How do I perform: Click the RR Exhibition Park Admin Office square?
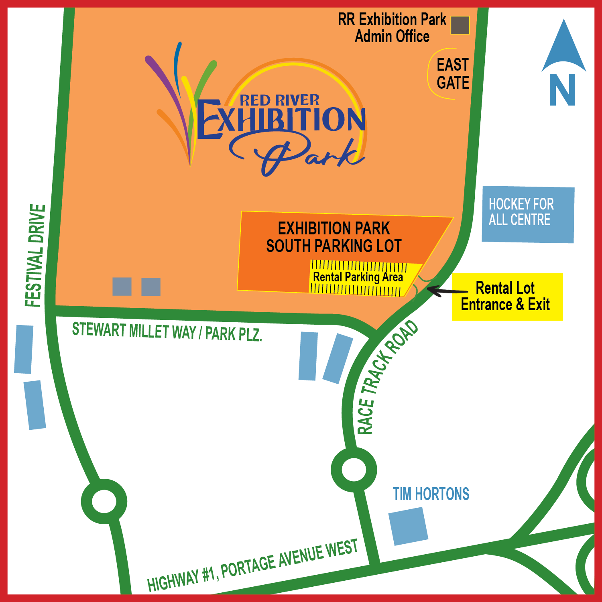click(460, 25)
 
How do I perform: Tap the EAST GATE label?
click(453, 74)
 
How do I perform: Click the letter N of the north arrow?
click(562, 90)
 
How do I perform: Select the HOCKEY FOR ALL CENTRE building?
click(528, 214)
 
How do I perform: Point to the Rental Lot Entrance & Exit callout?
click(507, 297)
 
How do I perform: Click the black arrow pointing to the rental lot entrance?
click(445, 290)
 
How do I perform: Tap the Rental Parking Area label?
click(358, 277)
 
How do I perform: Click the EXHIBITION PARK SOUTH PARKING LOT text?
click(334, 237)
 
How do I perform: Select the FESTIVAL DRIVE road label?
click(35, 256)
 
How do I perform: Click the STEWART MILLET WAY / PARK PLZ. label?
click(167, 332)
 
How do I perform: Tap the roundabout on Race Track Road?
click(354, 469)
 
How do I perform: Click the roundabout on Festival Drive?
click(104, 501)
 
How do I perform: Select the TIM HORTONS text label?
click(431, 494)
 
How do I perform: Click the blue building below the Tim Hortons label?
click(408, 526)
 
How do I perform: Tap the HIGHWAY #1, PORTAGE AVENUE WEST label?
click(252, 566)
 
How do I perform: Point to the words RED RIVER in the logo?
click(279, 100)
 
